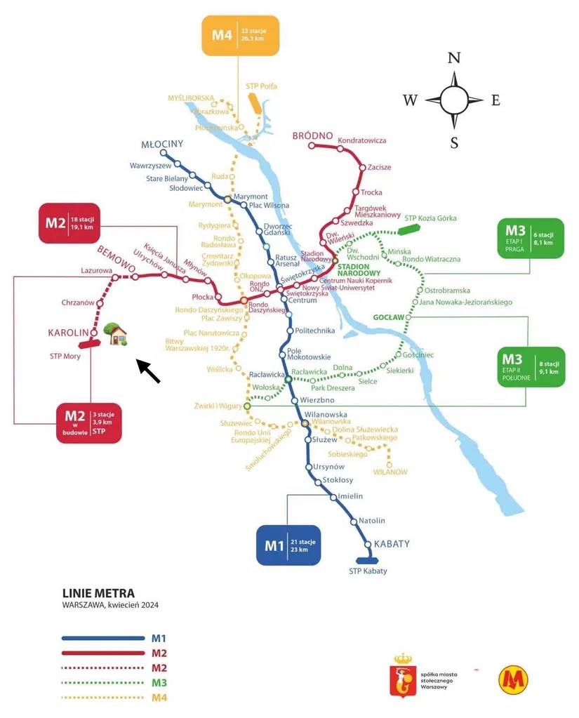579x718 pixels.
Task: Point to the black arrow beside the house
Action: [148, 371]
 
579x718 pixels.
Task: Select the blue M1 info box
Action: [288, 545]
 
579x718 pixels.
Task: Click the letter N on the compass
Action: [454, 58]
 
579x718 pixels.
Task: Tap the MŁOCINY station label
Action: [162, 144]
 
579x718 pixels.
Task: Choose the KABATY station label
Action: [392, 544]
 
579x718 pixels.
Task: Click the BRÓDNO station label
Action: [313, 135]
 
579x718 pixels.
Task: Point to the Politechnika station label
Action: [315, 331]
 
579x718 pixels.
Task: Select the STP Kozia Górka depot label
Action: [430, 218]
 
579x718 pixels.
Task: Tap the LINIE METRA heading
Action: [98, 594]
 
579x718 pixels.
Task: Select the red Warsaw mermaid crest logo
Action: [402, 674]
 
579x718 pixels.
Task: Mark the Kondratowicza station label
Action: [362, 140]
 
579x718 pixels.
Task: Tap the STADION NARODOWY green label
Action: [359, 270]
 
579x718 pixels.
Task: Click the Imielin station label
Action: [350, 496]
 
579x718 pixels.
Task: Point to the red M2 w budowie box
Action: [89, 423]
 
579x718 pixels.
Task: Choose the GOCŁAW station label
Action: [389, 317]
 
